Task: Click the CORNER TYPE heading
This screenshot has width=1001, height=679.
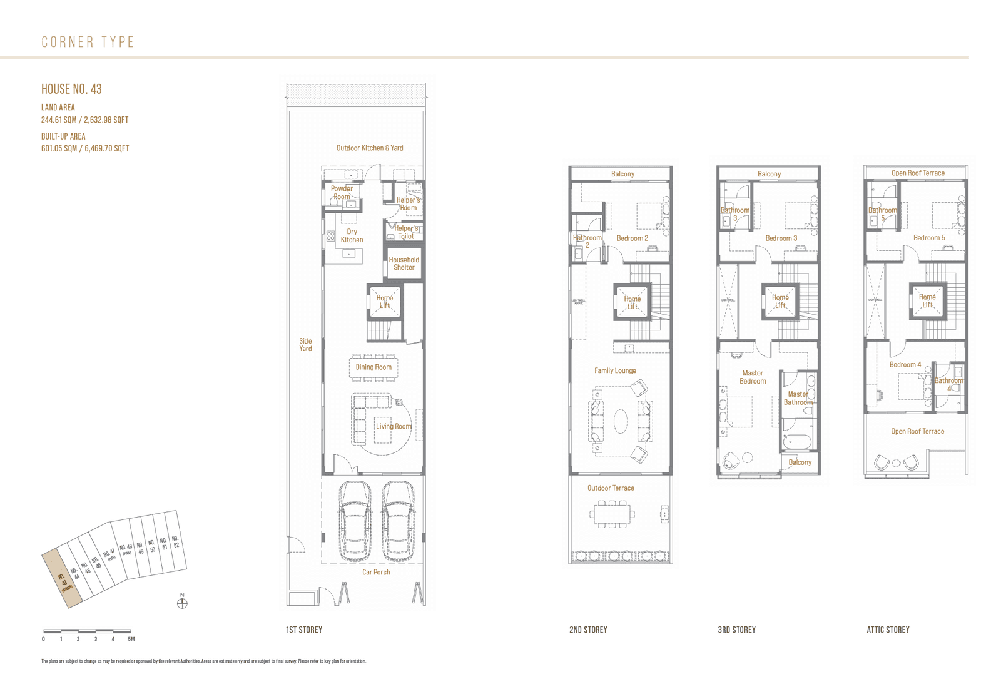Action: coord(88,42)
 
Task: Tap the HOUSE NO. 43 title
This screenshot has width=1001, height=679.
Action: coord(71,89)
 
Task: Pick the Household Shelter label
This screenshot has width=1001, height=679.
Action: coord(404,263)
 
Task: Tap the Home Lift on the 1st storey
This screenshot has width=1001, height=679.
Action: coord(384,302)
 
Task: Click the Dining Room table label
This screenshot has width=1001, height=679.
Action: coord(373,367)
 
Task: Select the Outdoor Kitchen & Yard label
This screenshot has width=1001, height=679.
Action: coord(370,148)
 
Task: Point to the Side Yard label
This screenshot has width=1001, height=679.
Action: coord(305,345)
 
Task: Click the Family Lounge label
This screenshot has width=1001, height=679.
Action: coord(615,370)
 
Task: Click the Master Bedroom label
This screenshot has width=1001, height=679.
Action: coord(753,377)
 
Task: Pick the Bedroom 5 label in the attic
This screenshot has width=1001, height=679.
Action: coord(929,238)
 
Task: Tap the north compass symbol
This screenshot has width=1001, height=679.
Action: coord(182,603)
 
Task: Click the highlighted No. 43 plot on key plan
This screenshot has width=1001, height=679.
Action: coord(63,579)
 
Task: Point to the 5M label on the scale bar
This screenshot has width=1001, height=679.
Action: coord(131,639)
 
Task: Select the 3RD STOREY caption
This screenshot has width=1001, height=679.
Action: coord(736,630)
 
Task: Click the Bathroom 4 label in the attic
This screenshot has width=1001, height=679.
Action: coord(948,384)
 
